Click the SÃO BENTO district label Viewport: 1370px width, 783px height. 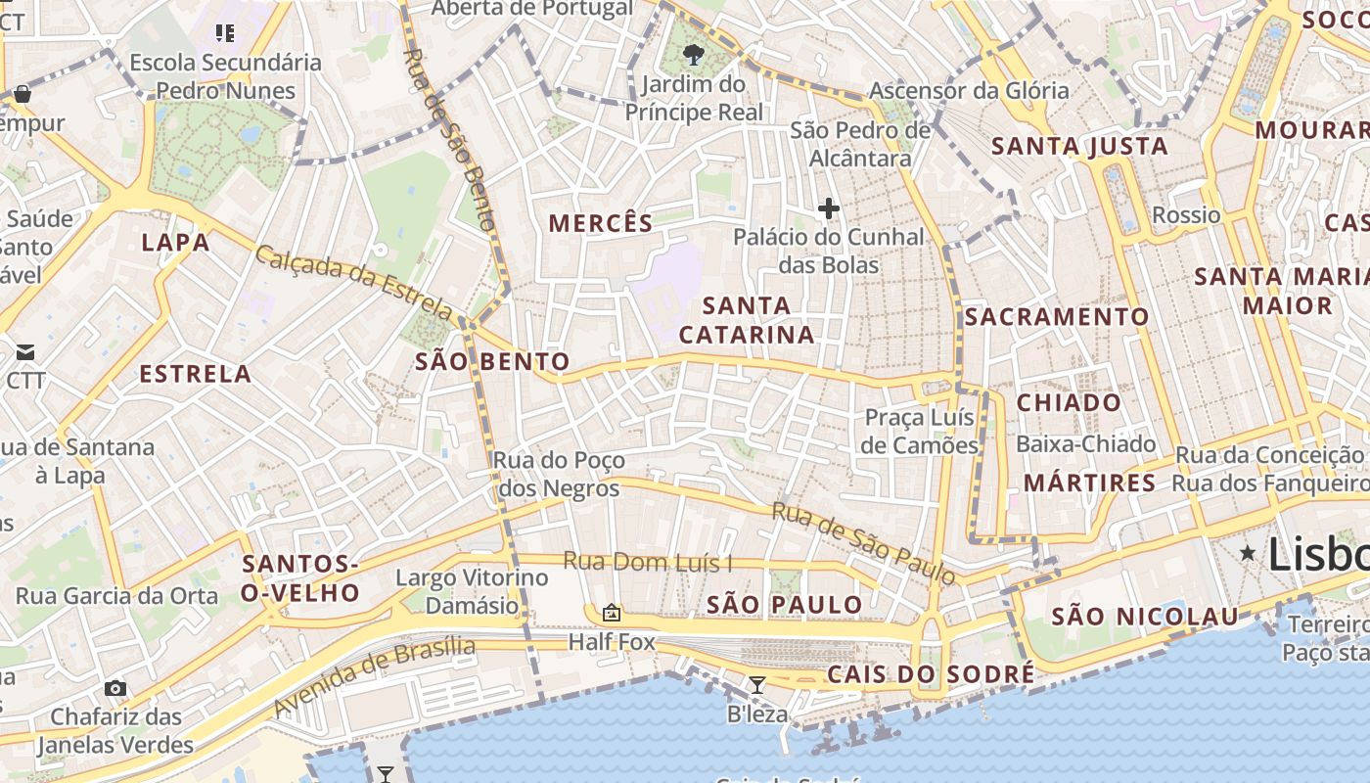pos(492,362)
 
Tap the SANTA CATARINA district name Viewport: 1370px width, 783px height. pos(747,320)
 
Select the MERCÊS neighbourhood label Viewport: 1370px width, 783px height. pos(600,223)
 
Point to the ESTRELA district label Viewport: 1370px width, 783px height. pos(196,374)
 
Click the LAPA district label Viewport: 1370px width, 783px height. pos(175,243)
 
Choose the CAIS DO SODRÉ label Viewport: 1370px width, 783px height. pos(931,674)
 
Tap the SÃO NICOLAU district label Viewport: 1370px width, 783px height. pos(1145,617)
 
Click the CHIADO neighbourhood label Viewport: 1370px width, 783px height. pos(1069,403)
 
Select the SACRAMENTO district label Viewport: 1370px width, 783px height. pos(1057,317)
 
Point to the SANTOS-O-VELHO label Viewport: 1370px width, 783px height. pos(300,578)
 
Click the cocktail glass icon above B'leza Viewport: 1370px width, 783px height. pos(756,685)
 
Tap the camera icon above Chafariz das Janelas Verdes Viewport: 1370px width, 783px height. pos(115,688)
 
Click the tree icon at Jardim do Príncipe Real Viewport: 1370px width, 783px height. pos(694,54)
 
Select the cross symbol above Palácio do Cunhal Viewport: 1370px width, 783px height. pos(829,208)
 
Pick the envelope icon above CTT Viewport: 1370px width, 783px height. pos(24,352)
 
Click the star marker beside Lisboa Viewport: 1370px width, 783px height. pos(1248,554)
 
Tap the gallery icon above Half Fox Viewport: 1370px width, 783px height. pos(612,614)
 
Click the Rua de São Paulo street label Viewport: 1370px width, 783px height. pos(862,543)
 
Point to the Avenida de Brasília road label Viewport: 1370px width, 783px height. pos(375,675)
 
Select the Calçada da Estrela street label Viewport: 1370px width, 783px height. pos(354,283)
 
